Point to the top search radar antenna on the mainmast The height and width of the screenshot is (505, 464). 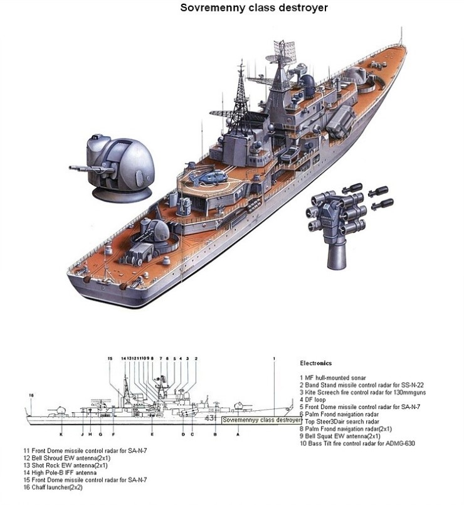283,50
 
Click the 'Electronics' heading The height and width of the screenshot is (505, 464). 315,363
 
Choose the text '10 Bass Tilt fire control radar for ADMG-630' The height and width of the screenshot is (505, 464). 357,444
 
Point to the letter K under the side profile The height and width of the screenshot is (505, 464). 61,433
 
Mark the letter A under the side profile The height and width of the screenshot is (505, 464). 238,433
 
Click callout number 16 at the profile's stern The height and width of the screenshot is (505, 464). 31,395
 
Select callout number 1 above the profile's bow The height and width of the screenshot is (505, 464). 274,358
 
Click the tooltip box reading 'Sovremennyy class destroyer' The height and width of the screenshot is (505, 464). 261,420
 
